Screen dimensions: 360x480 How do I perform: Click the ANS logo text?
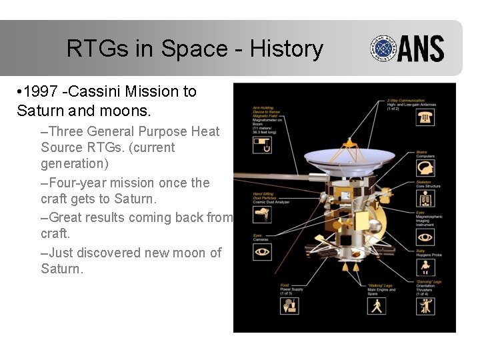pyautogui.click(x=421, y=49)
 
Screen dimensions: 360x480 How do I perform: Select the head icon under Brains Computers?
pyautogui.click(x=425, y=167)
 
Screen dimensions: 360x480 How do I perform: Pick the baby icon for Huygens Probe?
pyautogui.click(x=425, y=266)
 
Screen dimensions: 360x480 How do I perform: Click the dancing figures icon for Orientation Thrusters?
pyautogui.click(x=425, y=305)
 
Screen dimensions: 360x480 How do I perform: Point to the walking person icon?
pyautogui.click(x=377, y=305)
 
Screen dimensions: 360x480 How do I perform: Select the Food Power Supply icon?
pyautogui.click(x=290, y=305)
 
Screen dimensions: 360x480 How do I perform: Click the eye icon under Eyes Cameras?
pyautogui.click(x=262, y=252)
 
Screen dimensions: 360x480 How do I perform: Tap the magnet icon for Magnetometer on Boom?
pyautogui.click(x=262, y=145)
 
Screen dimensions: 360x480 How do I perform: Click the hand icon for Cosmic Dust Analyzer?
pyautogui.click(x=262, y=213)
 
